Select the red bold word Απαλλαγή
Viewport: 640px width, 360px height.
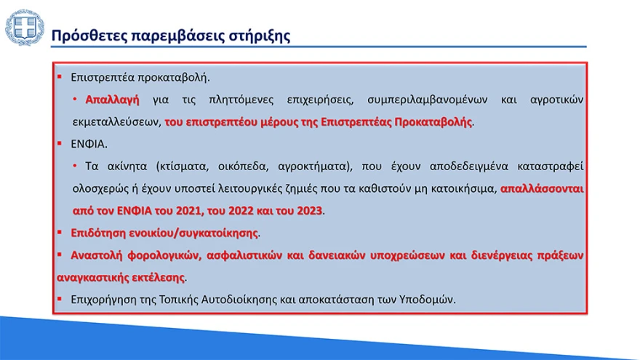coord(112,99)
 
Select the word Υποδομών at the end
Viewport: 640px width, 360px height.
coord(431,300)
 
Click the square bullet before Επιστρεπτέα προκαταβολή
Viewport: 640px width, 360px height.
coord(60,76)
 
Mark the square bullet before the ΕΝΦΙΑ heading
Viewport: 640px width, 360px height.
coord(60,143)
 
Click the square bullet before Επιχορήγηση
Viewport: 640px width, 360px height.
coord(60,299)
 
